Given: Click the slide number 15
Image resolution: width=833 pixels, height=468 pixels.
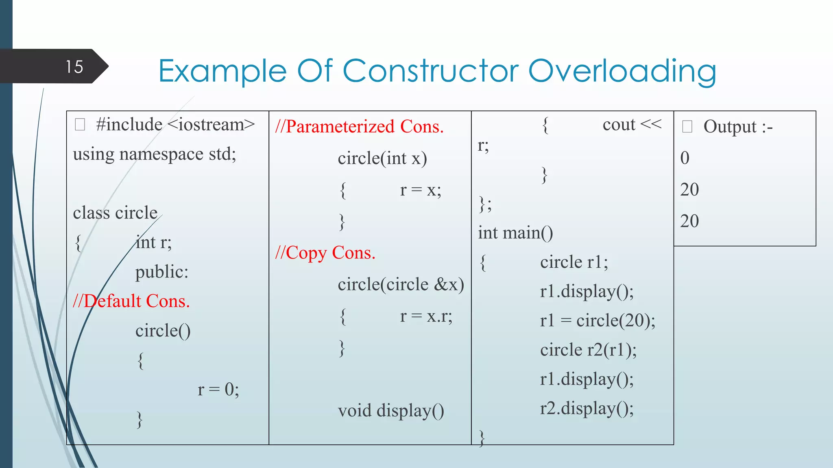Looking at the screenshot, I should point(74,67).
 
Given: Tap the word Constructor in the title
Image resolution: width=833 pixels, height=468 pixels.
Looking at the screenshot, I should point(431,71).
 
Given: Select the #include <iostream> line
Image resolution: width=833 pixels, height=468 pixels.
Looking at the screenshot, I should point(175,125).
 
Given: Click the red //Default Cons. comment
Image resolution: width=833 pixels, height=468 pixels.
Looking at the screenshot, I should point(131,301).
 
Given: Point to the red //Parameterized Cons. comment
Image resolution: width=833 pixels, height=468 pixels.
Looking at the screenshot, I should point(359,126).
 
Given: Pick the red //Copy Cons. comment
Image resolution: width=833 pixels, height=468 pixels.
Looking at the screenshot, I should point(325,253).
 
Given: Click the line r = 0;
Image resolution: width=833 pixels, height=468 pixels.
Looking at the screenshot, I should point(218,390).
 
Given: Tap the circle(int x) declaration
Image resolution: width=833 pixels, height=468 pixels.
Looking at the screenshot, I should point(382,158).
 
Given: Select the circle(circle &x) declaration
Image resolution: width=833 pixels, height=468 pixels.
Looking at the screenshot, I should point(401,284).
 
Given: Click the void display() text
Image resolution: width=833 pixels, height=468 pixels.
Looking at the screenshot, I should point(391,410).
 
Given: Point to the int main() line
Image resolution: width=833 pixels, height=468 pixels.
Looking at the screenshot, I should point(515,233).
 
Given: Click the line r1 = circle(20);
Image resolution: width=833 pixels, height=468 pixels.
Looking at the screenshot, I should point(597,321).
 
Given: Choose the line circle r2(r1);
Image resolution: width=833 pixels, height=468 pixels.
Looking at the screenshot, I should point(588,350).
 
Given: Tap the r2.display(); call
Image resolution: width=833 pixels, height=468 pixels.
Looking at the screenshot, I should point(587,408).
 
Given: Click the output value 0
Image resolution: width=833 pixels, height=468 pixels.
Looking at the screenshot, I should point(685,158).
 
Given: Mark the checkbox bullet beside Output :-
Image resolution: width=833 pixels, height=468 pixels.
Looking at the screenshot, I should point(687,126).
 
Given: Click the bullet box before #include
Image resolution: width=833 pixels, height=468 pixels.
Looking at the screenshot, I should point(80,124).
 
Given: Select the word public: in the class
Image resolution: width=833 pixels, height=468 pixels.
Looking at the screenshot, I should point(162,272).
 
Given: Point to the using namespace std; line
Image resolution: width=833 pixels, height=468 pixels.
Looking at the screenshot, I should point(155,154).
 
